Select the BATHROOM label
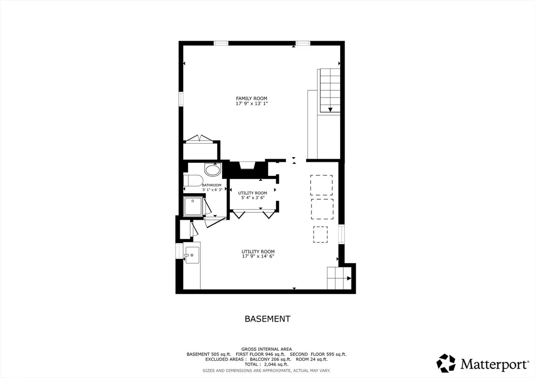(212, 185)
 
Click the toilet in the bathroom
(194, 181)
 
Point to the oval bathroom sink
(213, 170)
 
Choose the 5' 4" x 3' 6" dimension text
(252, 198)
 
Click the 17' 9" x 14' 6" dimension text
(258, 256)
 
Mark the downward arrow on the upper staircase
(330, 109)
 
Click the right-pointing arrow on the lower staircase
(348, 278)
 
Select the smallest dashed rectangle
(320, 234)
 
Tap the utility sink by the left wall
(192, 255)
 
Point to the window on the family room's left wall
(181, 99)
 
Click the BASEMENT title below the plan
(267, 318)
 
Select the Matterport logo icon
(446, 363)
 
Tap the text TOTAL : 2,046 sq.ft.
(266, 365)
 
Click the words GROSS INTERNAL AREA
(266, 349)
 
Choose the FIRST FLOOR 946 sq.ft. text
(264, 354)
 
